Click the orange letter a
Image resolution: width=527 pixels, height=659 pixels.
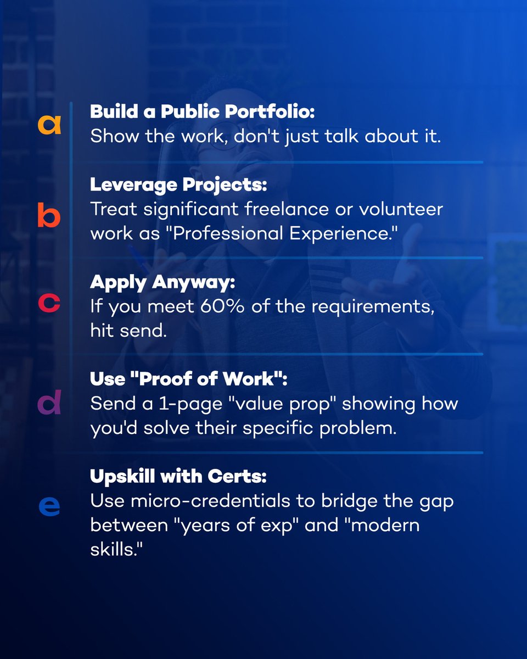(49, 124)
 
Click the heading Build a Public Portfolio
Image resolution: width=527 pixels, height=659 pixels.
(202, 111)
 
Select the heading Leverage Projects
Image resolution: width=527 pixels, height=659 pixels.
(178, 185)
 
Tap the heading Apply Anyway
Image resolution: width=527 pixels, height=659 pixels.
(162, 282)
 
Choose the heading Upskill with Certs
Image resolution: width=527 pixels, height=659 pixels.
(178, 477)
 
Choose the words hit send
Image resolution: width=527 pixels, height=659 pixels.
(128, 332)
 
